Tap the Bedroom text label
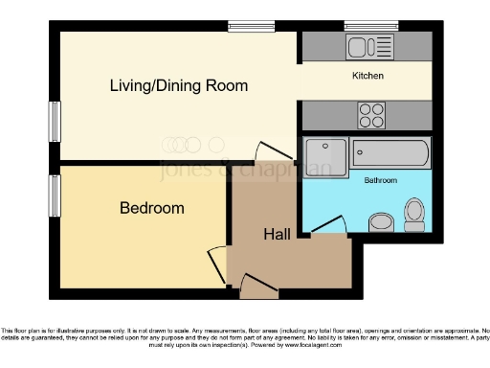(x=151, y=208)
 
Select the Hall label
(x=278, y=233)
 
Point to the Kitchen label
(x=367, y=76)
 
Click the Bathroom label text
(x=379, y=179)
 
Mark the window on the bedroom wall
(x=55, y=195)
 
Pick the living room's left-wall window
(x=55, y=126)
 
